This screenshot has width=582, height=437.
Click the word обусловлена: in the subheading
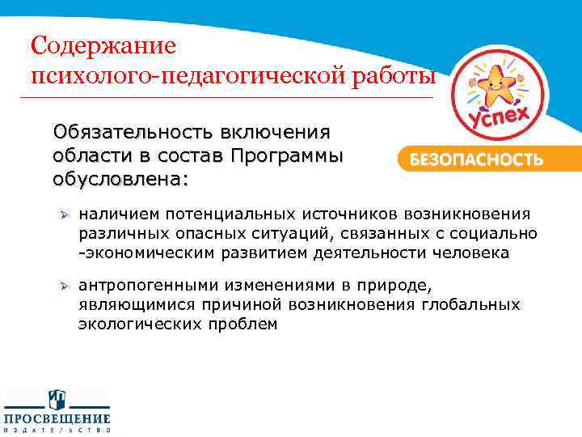click(121, 177)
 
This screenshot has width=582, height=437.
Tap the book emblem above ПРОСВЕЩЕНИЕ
click(57, 399)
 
